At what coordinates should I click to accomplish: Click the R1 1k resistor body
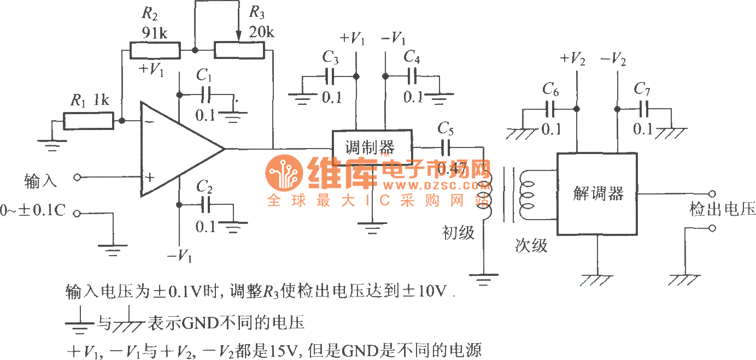[88, 121]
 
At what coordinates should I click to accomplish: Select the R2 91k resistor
[155, 51]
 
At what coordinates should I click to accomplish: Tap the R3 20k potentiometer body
[239, 51]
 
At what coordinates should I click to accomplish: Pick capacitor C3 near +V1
[330, 75]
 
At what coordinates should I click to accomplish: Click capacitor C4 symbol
[412, 75]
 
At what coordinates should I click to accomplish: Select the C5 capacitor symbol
[446, 147]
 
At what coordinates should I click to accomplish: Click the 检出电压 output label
[722, 210]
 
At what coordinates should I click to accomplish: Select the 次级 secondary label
[531, 246]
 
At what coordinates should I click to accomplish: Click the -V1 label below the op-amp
[180, 256]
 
